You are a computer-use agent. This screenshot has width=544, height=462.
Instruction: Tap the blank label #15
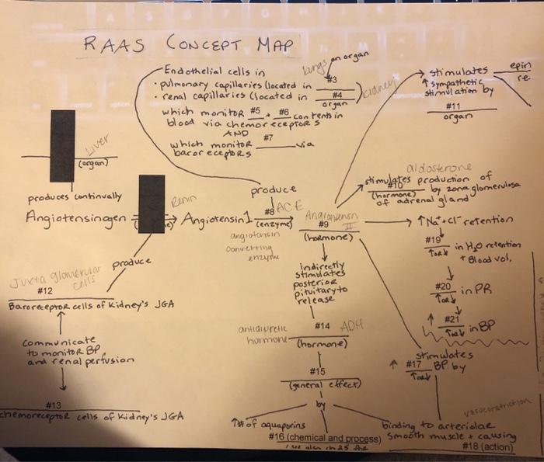317,371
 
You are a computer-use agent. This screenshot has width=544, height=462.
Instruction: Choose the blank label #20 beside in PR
442,287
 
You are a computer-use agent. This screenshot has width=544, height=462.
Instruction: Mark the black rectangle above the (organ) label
62,145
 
